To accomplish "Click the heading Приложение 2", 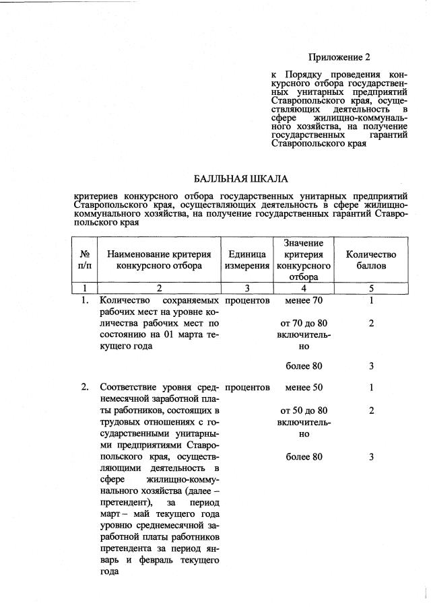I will (339, 57).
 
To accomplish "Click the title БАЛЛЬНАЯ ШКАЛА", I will (240, 179).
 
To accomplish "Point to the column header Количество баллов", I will (371, 260).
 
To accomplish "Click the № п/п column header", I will (86, 260).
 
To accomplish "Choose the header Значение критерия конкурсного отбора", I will (304, 260).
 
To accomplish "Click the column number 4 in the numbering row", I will (304, 288).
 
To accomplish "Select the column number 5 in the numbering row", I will (371, 288).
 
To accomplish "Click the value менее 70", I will (304, 300).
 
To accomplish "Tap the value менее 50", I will (304, 388).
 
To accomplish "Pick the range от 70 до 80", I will (304, 323).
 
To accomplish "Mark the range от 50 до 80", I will (304, 410).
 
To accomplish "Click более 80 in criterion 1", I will (304, 367).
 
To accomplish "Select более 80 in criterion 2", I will (304, 457).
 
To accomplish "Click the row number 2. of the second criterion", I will (86, 388).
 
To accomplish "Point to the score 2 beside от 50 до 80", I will (371, 410).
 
